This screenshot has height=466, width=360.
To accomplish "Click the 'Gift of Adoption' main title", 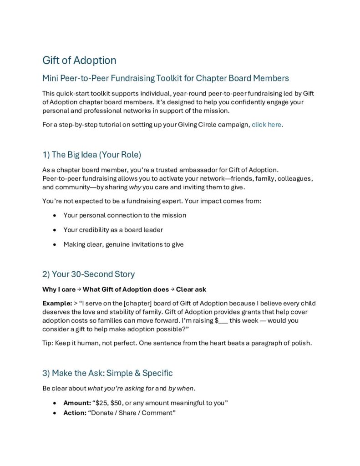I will (79, 60).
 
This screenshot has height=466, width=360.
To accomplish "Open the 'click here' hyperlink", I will (267, 124).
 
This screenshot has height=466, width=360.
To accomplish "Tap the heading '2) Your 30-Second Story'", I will (88, 274).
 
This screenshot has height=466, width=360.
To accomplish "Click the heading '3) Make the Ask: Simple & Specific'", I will (107, 373).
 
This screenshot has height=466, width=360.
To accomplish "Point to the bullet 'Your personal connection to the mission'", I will (125, 215).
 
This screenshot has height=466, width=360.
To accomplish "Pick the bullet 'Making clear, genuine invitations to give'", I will (123, 244).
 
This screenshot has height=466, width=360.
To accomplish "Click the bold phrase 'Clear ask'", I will (191, 289).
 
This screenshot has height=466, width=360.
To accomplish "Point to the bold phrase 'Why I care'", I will (59, 289).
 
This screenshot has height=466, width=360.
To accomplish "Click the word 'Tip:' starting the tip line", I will (48, 343).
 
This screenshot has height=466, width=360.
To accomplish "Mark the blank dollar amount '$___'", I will (221, 320).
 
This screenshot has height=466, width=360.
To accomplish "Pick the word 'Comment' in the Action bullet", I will (158, 413).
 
